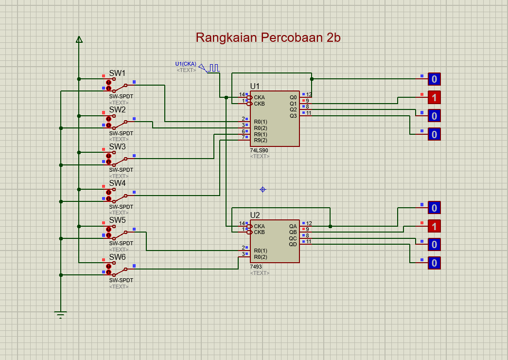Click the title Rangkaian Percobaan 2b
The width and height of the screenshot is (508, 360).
click(268, 38)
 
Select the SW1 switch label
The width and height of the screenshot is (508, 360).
click(117, 73)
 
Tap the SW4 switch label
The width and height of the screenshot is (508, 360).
click(117, 183)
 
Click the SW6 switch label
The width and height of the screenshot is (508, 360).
click(117, 257)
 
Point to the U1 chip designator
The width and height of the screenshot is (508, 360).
click(255, 86)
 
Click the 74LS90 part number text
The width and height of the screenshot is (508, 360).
click(259, 151)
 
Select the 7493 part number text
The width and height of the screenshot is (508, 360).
click(256, 267)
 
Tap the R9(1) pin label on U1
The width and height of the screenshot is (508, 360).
click(261, 134)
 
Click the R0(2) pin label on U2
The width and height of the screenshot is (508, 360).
click(261, 257)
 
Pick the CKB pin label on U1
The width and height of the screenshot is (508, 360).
click(259, 104)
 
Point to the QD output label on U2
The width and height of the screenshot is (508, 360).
click(293, 244)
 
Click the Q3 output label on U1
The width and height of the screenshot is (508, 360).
click(293, 116)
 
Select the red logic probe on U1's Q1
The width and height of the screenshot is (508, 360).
click(434, 97)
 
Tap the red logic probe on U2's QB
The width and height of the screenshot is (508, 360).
click(434, 226)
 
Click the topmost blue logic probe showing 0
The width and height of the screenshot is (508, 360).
click(434, 79)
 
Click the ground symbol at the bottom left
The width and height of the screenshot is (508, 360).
click(60, 314)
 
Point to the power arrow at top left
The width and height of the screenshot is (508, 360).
click(79, 39)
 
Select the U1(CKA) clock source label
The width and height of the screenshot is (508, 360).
click(186, 64)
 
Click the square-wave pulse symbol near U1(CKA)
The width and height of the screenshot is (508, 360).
click(214, 68)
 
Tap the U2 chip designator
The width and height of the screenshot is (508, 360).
click(255, 215)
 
